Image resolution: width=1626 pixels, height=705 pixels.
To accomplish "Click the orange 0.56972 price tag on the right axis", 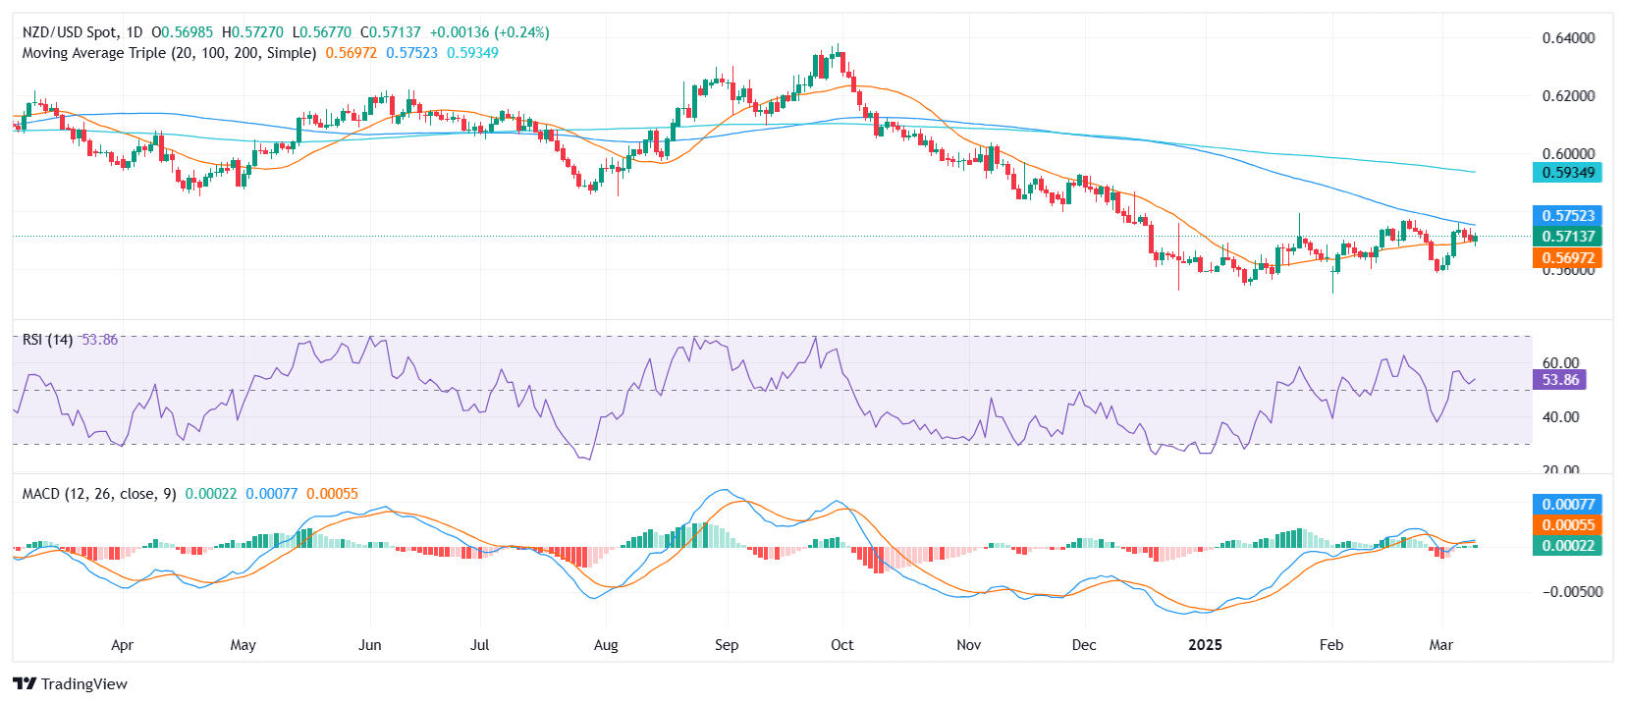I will coord(1567,258).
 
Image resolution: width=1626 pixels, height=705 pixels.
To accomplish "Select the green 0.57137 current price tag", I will coord(1567,237).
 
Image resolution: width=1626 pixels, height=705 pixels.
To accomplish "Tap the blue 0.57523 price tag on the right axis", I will coord(1567,216).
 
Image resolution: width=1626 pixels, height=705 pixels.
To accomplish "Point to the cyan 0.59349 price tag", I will coord(1567,173).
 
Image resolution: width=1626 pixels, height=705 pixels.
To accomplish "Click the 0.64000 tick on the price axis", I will coord(1568,38).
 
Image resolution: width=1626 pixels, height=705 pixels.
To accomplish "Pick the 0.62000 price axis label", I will coord(1568,96).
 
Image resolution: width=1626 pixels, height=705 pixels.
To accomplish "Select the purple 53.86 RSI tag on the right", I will coord(1560,380).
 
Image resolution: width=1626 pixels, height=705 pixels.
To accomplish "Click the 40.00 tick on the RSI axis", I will coord(1561,417).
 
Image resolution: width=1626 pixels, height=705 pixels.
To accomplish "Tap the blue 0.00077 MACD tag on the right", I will coord(1567,505).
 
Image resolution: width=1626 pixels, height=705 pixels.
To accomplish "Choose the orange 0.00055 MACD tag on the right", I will coord(1567,525).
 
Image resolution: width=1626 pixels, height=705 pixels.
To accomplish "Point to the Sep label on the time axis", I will coord(727,645).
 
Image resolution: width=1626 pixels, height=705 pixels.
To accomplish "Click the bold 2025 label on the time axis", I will coord(1205,645).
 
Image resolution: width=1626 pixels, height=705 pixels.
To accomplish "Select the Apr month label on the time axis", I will coord(122,645).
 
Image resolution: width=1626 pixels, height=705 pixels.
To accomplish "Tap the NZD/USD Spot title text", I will coord(69,32).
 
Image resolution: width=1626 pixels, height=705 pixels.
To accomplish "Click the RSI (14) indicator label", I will coord(47,340).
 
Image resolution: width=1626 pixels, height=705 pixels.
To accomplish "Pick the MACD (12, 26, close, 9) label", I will coord(99,494).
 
